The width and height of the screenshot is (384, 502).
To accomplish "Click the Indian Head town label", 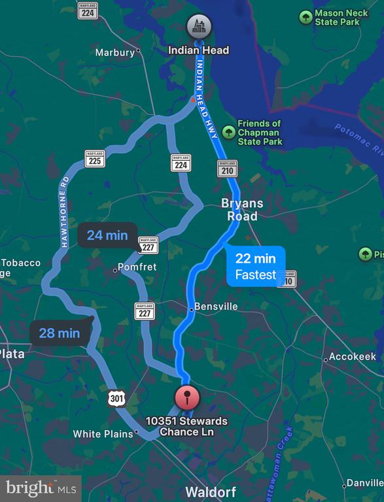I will coord(198,50).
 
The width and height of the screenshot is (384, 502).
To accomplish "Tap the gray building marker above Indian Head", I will coord(198,27).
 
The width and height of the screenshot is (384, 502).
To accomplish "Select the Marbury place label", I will coord(115,52).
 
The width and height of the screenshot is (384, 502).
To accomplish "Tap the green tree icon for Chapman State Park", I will coord(228,132).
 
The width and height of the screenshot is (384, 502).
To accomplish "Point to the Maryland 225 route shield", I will coord(95,159).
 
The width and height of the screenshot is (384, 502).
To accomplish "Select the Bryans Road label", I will coord(241,209).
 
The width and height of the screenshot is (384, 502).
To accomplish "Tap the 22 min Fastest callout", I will coord(256,267).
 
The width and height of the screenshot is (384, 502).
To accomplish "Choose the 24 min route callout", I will coord(107,235).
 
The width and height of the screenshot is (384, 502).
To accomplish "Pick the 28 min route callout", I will coord(59,333).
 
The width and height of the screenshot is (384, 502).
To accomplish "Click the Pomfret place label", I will coord(137,267).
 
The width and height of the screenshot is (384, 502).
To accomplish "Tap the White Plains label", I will coord(104,434).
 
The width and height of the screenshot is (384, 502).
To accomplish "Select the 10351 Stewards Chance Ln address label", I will coord(186,426).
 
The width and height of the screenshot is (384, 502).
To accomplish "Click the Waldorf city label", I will coord(210,492).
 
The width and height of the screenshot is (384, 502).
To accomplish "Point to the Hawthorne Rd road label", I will coord(64,211).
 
